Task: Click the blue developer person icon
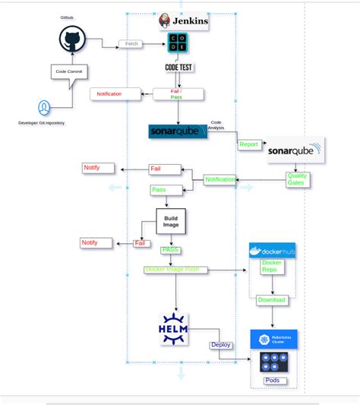pos(46,106)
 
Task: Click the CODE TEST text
pos(179,67)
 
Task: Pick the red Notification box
pos(117,93)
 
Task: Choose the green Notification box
pos(220,179)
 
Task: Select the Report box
pos(248,144)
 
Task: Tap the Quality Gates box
pos(296,179)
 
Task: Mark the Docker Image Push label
pos(172,269)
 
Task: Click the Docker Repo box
pos(272,267)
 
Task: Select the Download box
pos(271,299)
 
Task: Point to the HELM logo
pos(173,329)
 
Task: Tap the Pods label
pos(271,380)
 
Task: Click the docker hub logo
pos(272,251)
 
